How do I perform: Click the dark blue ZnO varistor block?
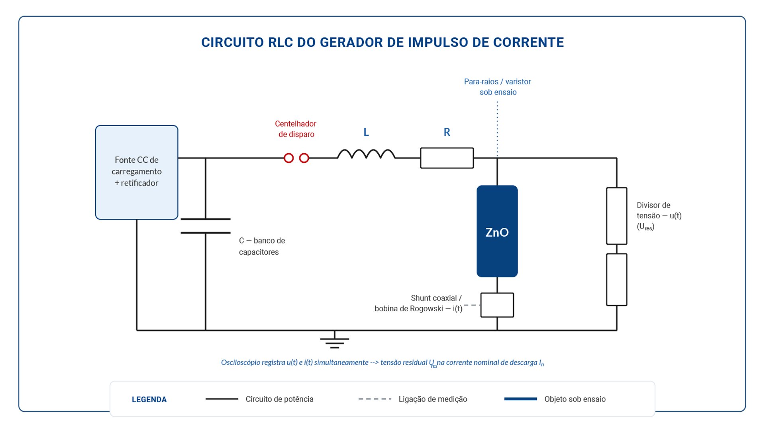(497, 231)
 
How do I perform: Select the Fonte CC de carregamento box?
(137, 172)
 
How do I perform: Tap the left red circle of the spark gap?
(288, 158)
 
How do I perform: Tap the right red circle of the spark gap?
(304, 158)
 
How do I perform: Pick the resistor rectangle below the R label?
(447, 158)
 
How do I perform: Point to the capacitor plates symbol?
(206, 226)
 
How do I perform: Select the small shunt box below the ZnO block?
(497, 305)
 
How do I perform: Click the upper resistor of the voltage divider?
(616, 216)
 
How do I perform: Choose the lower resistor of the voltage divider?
(616, 280)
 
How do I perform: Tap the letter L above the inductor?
(366, 132)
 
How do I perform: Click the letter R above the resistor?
(447, 132)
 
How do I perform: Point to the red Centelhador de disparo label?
(296, 129)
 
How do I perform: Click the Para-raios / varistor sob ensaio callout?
(498, 87)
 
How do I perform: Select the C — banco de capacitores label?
(262, 246)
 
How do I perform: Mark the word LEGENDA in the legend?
(149, 399)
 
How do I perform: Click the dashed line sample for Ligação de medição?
(375, 399)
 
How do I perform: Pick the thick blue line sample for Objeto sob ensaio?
(520, 399)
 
